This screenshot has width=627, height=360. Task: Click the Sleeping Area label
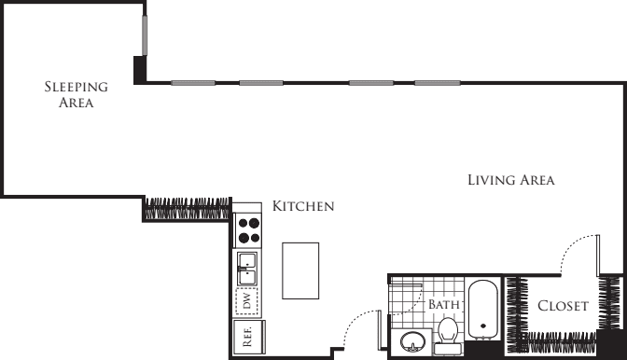77,94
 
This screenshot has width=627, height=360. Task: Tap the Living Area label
511,180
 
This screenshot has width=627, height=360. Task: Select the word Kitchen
302,206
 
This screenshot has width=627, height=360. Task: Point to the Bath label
444,305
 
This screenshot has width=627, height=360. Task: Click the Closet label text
563,306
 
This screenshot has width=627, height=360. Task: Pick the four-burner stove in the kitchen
248,229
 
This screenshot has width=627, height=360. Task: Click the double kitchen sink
248,270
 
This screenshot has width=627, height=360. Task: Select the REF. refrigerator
248,337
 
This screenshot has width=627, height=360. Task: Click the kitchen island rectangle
301,270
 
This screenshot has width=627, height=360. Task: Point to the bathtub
483,312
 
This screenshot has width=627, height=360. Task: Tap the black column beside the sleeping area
140,70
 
